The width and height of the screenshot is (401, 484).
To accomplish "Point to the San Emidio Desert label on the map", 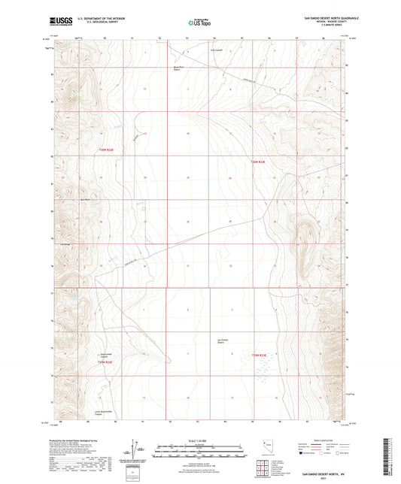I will tap(223, 340).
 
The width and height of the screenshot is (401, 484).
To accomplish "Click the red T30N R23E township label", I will tap(259, 162).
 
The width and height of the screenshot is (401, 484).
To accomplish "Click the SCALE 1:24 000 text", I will tap(200, 440).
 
